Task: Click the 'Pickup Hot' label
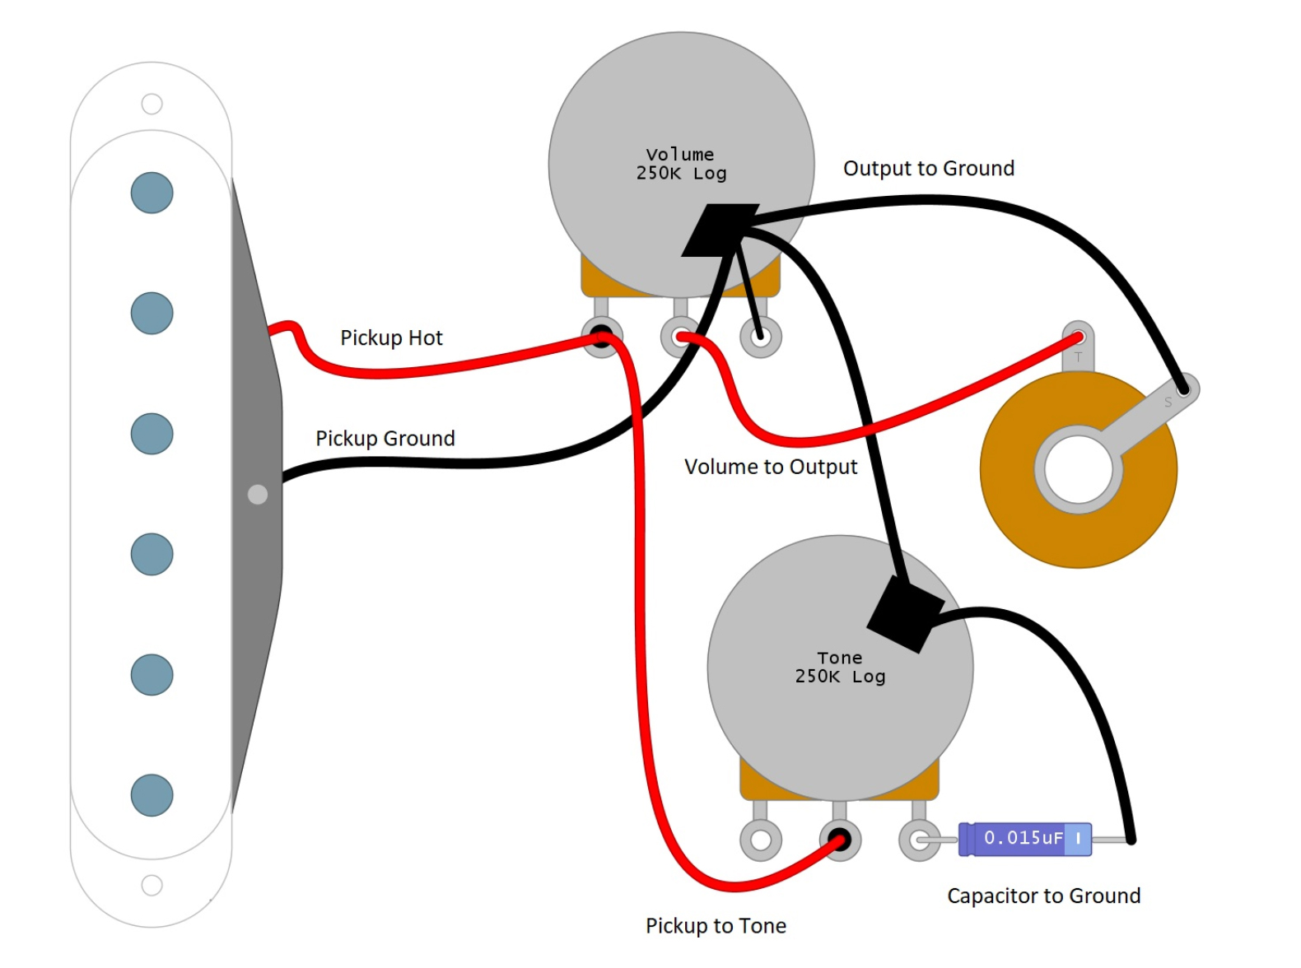(x=391, y=338)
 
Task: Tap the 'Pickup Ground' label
(x=385, y=438)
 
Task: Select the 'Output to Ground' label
(x=928, y=169)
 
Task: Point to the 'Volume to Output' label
(x=770, y=468)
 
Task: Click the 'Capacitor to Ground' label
(x=1043, y=896)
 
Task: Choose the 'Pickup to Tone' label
(x=716, y=926)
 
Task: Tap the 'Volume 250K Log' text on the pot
(x=681, y=164)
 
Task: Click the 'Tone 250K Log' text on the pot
(x=840, y=668)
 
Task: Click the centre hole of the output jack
(x=1078, y=469)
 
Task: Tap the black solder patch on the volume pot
(x=718, y=230)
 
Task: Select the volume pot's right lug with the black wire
(x=760, y=337)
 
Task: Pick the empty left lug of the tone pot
(x=760, y=840)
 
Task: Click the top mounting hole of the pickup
(x=152, y=104)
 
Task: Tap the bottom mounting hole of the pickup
(x=152, y=885)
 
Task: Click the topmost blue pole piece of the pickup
(x=152, y=193)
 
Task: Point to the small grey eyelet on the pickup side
(x=258, y=494)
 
